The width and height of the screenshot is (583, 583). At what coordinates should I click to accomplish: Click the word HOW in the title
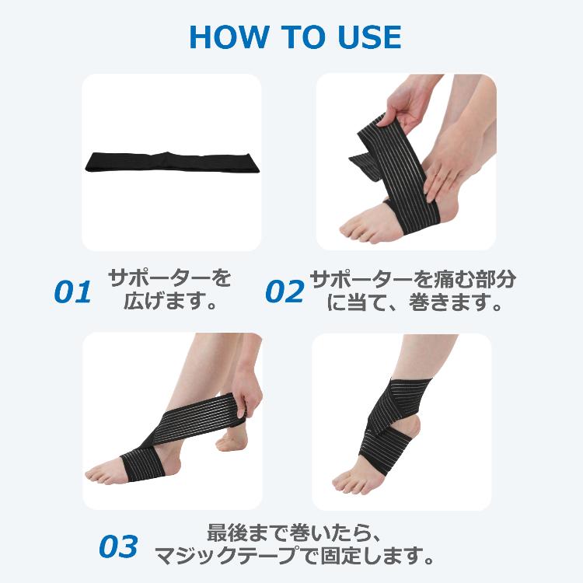(x=229, y=37)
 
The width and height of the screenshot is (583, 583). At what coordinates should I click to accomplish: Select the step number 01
(x=72, y=291)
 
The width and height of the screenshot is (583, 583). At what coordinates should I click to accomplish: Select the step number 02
(x=285, y=291)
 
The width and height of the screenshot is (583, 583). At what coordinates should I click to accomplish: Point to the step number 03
(x=119, y=546)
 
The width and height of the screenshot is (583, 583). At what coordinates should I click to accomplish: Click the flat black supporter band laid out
(x=172, y=162)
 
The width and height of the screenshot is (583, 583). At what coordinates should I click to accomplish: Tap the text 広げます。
(x=170, y=301)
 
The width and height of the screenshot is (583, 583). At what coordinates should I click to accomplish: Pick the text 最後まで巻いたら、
(x=295, y=532)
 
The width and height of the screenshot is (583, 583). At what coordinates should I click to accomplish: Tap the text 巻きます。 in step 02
(x=456, y=302)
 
